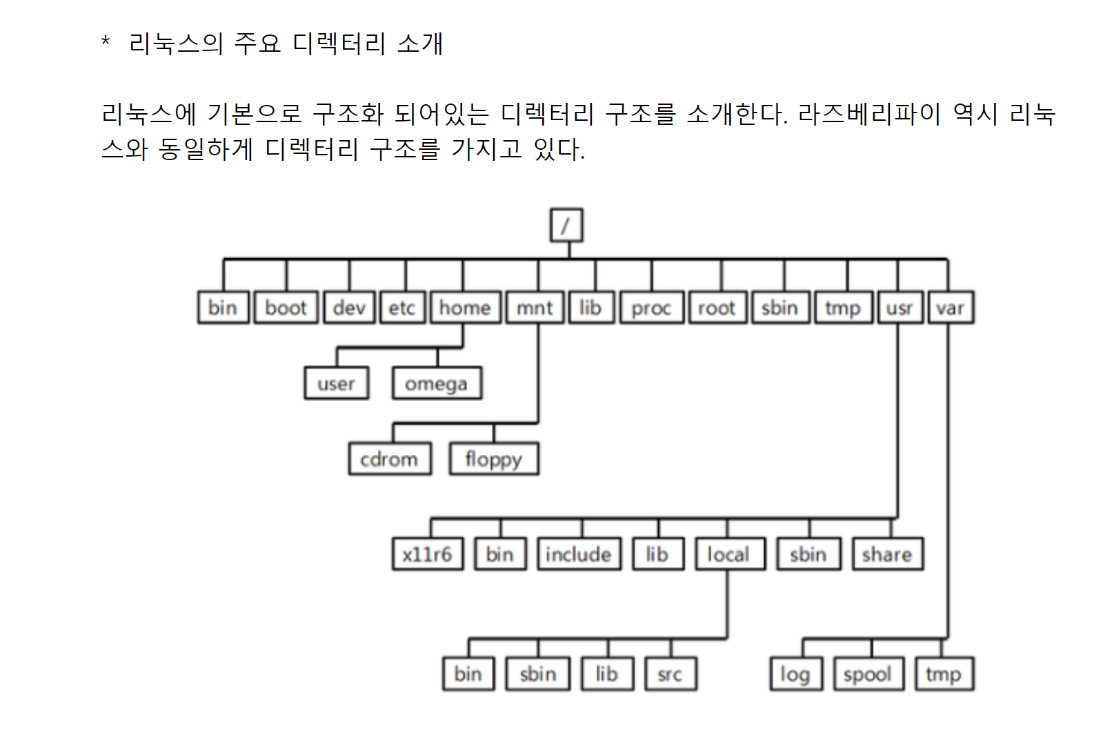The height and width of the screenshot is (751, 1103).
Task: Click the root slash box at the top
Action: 566,225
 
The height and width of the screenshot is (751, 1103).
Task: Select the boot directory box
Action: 286,308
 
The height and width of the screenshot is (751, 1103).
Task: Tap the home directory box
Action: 466,308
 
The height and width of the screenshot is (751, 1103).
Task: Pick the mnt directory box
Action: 535,308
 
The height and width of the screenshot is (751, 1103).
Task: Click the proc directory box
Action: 652,308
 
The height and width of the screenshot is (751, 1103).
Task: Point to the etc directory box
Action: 402,308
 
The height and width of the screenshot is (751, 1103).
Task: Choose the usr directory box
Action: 900,308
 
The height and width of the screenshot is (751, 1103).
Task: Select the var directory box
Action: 951,308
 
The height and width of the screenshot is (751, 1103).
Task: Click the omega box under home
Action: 437,383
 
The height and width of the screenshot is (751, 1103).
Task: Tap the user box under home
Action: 337,383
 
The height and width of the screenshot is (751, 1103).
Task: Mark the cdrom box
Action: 390,459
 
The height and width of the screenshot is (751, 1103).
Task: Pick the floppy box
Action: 494,459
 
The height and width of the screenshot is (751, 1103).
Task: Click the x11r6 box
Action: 428,554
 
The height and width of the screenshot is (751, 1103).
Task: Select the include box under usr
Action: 579,554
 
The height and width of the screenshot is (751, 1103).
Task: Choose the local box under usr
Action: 729,554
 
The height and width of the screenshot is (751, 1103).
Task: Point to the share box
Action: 887,554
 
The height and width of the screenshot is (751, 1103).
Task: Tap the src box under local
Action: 670,674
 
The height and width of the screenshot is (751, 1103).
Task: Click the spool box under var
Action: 868,674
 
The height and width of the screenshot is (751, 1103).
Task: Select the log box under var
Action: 796,674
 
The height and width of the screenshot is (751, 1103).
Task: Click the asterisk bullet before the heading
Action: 106,41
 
